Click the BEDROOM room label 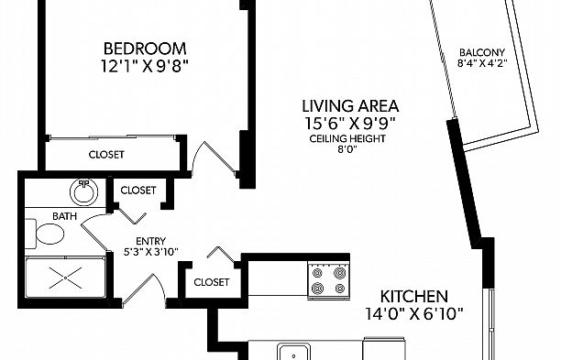[x=145, y=49]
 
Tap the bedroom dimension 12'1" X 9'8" [x=145, y=66]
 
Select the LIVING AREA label [x=350, y=106]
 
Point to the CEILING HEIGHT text [x=347, y=138]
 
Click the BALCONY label [x=482, y=52]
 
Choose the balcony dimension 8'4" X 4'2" [x=482, y=63]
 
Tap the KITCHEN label [x=413, y=297]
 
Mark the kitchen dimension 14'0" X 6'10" [x=414, y=314]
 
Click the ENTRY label [x=150, y=241]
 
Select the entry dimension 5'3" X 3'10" [x=150, y=252]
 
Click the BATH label [x=64, y=216]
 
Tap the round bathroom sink [x=84, y=192]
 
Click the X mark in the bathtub [x=66, y=278]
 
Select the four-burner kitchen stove [x=329, y=280]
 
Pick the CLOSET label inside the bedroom [x=106, y=155]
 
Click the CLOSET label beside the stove [x=211, y=282]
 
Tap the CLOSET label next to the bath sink [x=138, y=191]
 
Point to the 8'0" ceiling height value [x=347, y=149]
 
